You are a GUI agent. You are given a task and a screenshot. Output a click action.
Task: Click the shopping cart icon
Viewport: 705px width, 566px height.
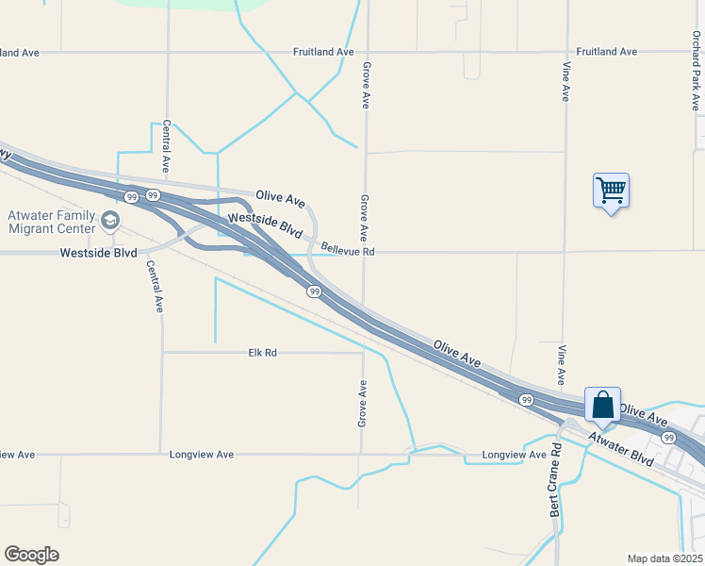point(611,191)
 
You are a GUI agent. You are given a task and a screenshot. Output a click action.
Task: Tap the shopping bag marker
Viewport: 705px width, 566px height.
point(602,406)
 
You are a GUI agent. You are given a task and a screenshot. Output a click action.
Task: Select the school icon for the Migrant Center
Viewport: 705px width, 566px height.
point(110,222)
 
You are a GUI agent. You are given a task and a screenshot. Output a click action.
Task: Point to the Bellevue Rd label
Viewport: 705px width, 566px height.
point(347,252)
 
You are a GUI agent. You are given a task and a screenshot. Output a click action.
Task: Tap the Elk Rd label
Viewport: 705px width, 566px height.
point(262,353)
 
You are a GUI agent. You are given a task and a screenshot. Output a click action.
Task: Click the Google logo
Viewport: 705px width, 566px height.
point(31,555)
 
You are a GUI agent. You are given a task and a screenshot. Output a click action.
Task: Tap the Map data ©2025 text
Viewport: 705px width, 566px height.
point(664,558)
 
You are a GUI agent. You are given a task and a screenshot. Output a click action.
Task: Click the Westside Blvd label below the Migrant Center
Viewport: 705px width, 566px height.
point(98,253)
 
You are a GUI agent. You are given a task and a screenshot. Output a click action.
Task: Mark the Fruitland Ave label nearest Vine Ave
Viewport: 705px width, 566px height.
point(607,52)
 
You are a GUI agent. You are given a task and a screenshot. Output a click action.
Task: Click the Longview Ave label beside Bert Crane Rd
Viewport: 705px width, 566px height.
point(515,455)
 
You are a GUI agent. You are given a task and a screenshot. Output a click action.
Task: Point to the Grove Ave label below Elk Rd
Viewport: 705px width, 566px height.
point(362,404)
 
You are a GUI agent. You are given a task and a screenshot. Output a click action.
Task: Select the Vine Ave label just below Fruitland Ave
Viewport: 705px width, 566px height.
point(566,82)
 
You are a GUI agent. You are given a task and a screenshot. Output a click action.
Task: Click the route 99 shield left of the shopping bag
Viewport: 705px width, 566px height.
point(526,400)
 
